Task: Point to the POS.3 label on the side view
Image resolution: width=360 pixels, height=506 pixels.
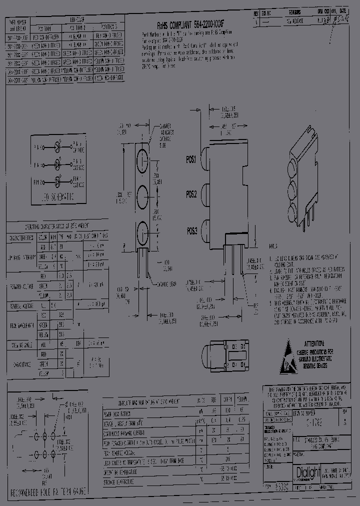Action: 191,231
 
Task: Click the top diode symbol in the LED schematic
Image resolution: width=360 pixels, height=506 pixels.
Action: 58,147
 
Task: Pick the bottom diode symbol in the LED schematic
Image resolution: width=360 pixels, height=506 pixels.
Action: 58,180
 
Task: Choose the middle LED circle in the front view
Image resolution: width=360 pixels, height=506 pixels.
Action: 141,195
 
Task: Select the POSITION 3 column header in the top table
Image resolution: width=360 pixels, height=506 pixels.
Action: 106,26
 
